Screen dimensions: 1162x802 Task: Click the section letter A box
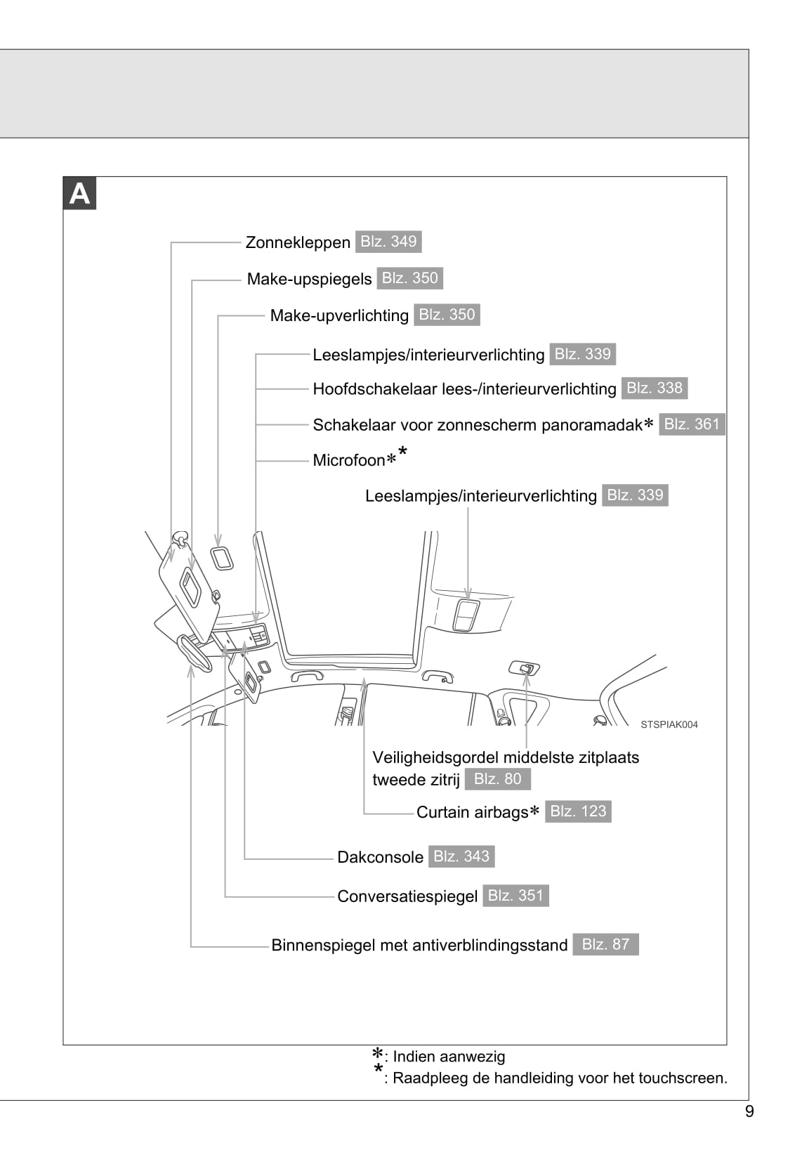tap(79, 194)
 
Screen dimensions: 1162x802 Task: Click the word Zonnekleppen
tap(298, 243)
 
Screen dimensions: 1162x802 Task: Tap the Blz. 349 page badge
tap(388, 242)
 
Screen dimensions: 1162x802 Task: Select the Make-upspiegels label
tap(309, 280)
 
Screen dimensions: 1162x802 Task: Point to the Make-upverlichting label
tap(339, 316)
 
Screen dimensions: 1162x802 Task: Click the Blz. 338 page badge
tap(654, 389)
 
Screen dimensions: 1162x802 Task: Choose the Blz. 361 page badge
tap(692, 424)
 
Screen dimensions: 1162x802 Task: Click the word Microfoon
tap(349, 461)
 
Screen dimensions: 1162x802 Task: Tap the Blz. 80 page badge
tap(497, 779)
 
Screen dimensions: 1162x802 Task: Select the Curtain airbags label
tap(472, 813)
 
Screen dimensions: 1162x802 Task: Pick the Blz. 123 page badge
tap(578, 811)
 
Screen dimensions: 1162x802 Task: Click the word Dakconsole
tap(380, 858)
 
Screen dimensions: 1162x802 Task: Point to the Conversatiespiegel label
tap(407, 897)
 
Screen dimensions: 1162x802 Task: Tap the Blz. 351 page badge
tap(515, 896)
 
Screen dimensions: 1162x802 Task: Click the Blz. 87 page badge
tap(605, 945)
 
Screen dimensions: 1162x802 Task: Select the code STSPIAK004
tap(669, 725)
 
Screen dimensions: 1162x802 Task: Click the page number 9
tap(749, 1111)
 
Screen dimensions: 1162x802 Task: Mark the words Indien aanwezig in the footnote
tap(449, 1057)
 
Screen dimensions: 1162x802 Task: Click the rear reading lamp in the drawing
tap(466, 616)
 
